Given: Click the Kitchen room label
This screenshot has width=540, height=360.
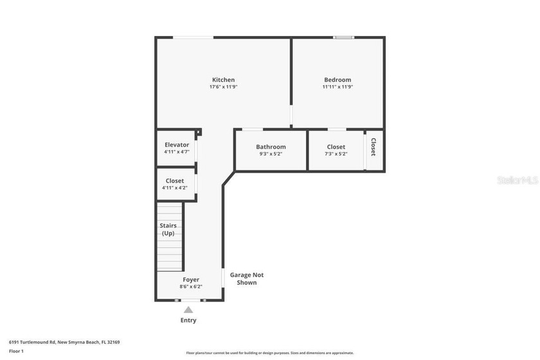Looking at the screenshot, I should coord(223,80).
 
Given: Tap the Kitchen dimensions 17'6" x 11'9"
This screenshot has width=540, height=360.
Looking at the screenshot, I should coord(223,87).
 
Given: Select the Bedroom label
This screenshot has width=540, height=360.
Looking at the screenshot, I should coord(337,80).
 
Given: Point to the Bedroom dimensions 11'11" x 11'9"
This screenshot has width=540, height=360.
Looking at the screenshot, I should coord(337,87).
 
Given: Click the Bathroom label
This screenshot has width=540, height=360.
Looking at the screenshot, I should coord(271,147).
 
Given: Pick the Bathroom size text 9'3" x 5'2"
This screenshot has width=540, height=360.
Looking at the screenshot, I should coord(271,154).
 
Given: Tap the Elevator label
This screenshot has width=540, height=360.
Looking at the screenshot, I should coord(177,145).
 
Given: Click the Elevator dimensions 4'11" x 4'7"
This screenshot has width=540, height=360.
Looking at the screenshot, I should coord(177,152).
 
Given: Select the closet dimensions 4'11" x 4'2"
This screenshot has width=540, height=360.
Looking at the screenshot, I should coord(175,188).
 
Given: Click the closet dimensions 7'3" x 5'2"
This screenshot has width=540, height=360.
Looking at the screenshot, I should coord(336,154).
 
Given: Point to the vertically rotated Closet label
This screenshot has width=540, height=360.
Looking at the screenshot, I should coord(373,147).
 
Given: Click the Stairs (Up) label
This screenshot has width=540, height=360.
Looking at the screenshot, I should coord(168,230).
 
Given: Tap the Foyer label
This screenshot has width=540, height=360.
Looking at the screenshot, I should coord(191,280).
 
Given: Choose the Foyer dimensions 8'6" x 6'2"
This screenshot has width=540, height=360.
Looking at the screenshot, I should coord(191,287).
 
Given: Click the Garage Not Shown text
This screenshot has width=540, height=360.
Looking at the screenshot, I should coord(247,278).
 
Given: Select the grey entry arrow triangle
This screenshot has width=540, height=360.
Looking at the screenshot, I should coord(188,310).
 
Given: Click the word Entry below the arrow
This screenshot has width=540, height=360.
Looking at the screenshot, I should coord(188,320).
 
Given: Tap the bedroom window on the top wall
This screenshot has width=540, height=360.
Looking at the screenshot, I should coord(343,37).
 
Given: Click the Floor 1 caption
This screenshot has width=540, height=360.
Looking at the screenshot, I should coord(16,351).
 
